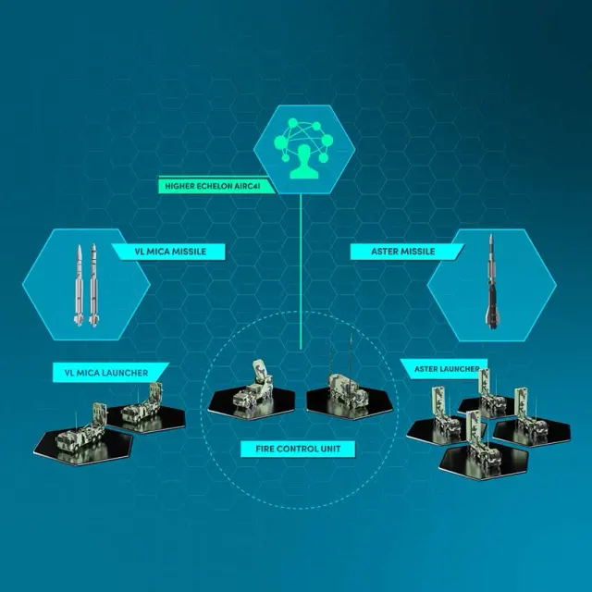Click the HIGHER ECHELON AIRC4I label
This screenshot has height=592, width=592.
213,186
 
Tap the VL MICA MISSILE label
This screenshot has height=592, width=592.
170,252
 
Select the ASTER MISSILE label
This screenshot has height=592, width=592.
403,252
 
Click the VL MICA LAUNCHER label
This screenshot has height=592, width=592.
106,373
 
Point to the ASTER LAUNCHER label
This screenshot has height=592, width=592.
447,369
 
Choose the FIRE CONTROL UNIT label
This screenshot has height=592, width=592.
298,449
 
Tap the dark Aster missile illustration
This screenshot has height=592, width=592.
491,281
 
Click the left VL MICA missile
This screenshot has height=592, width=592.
80,285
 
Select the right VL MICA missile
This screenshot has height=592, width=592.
93,285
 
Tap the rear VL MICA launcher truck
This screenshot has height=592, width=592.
142,405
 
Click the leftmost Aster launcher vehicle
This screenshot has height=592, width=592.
444,414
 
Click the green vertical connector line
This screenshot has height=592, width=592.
301,271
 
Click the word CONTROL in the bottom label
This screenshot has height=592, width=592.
298,449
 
